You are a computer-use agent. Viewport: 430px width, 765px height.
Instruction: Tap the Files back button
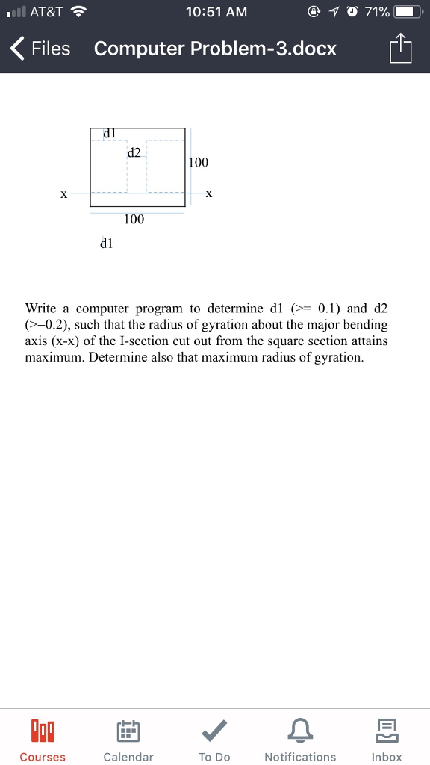(41, 49)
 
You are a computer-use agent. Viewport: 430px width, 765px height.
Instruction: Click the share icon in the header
(400, 49)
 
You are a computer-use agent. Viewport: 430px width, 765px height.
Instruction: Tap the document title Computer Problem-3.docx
(215, 49)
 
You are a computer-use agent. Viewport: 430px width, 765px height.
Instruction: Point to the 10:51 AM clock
(215, 12)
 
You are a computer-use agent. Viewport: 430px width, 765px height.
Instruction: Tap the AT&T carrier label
(46, 12)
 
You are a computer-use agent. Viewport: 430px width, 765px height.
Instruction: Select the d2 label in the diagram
(134, 152)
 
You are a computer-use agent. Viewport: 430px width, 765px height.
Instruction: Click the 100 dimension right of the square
(199, 162)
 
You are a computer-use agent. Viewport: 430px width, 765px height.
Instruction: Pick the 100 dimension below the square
(134, 219)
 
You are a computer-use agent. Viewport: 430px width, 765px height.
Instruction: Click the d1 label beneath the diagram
(106, 243)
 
